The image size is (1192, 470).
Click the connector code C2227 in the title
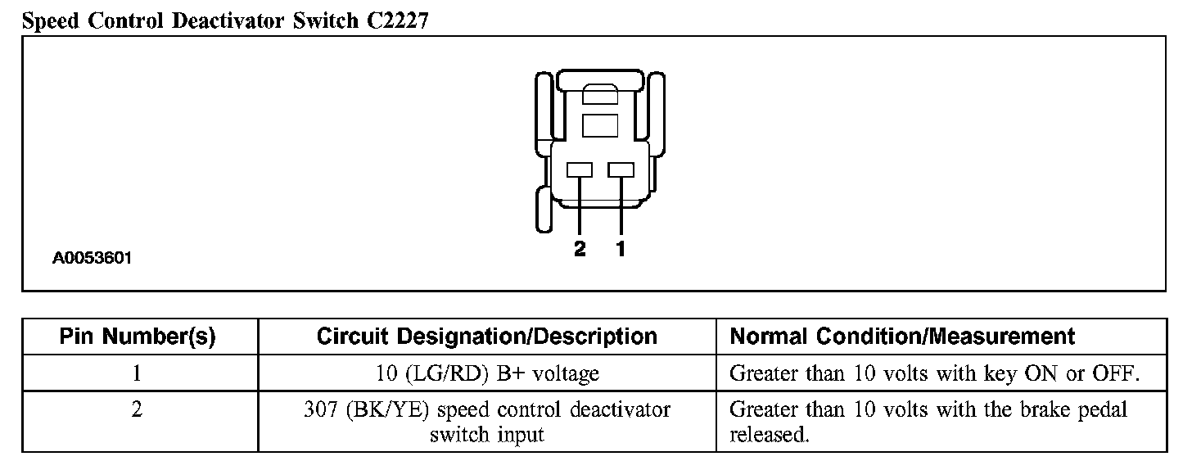coord(393,20)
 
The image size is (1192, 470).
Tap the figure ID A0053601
coord(93,259)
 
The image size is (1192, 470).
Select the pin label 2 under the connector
coord(580,250)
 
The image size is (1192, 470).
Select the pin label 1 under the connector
coord(621,250)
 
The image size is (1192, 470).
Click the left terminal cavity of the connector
coord(580,169)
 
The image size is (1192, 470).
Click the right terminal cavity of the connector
coord(621,169)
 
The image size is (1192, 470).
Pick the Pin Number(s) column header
coord(138,337)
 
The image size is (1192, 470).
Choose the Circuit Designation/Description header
coord(486,337)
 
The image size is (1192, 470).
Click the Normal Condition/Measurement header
coord(902,337)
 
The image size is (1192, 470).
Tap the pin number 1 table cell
coord(138,374)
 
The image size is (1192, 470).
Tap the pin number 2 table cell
coord(138,409)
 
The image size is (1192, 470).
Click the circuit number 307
coord(319,409)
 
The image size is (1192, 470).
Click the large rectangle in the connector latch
coord(600,125)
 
